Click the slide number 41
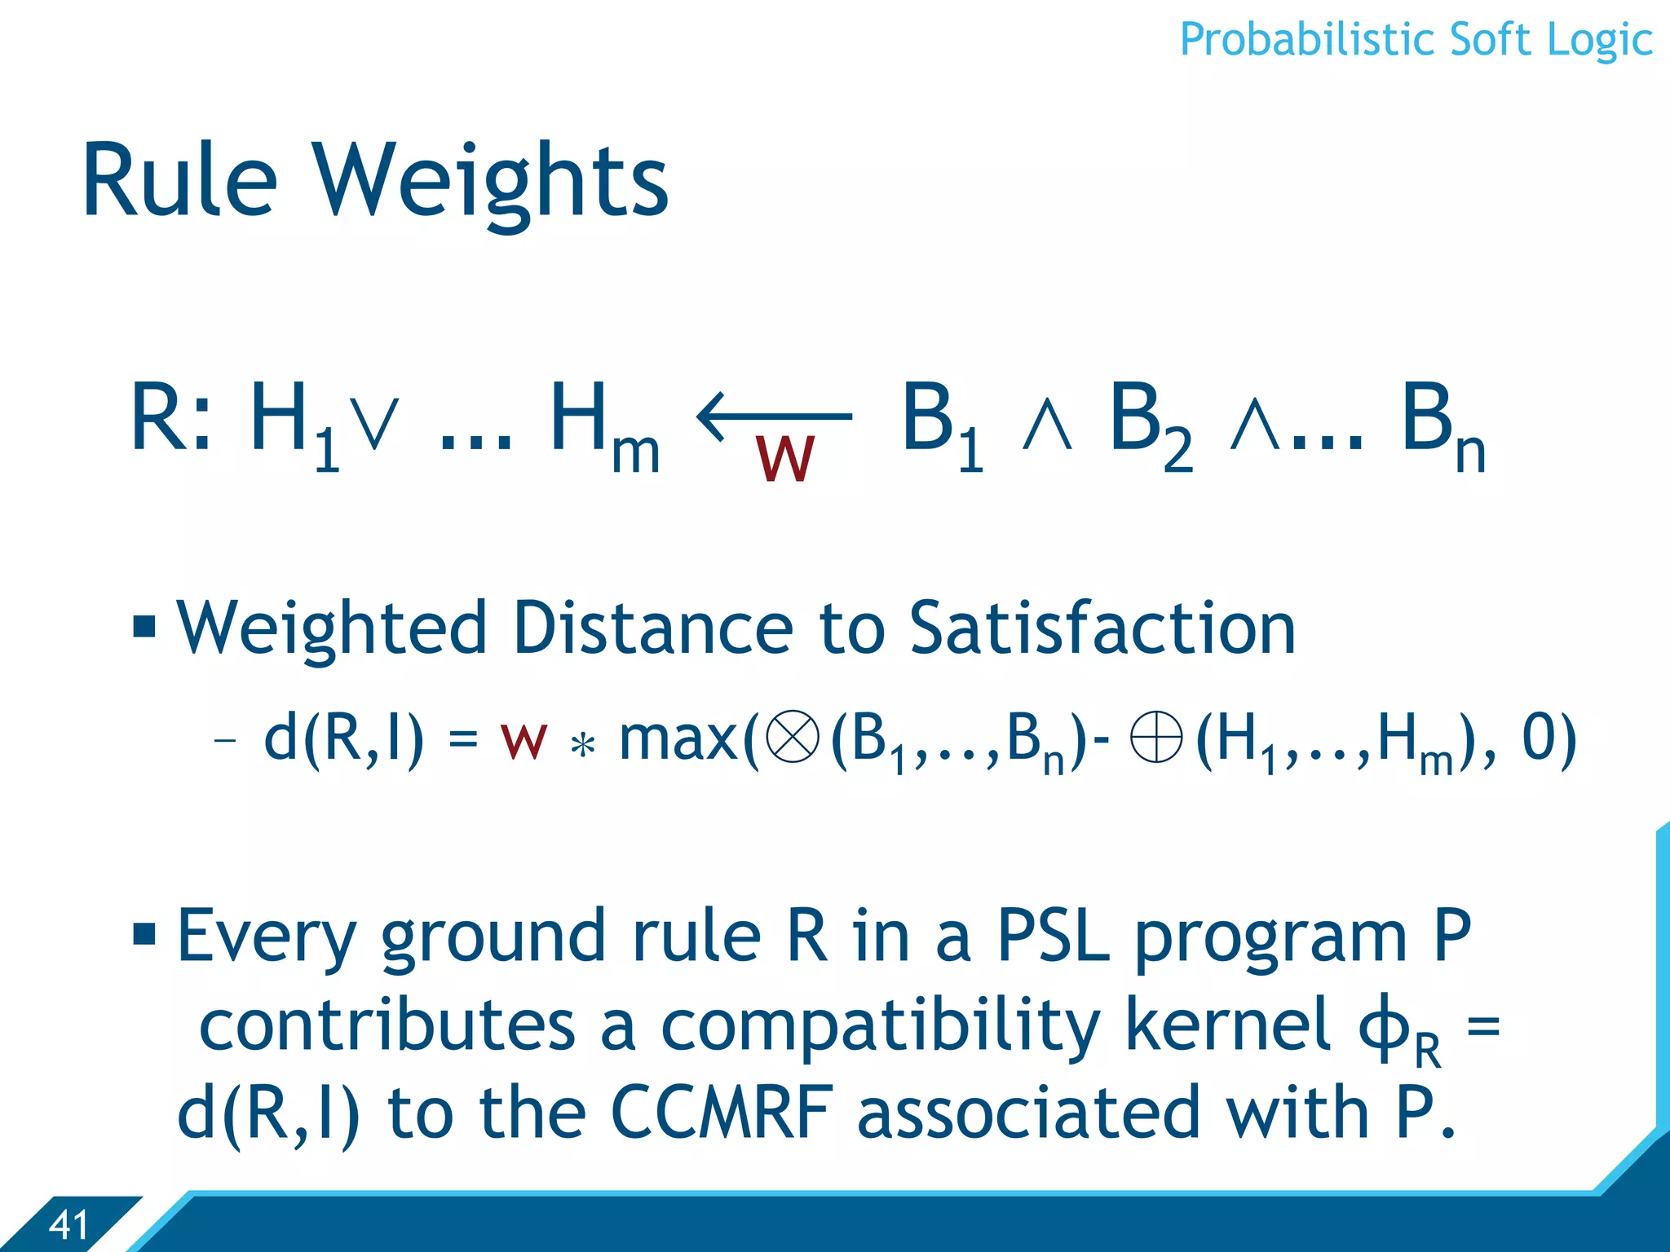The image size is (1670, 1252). point(68,1224)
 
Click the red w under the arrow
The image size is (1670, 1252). point(784,459)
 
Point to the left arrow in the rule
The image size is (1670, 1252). point(774,417)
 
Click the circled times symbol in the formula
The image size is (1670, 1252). point(793,736)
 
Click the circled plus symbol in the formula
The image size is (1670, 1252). point(1156,736)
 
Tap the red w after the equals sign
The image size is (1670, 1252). point(524,740)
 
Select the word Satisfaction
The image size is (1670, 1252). point(1102,628)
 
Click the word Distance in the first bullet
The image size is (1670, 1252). point(652,628)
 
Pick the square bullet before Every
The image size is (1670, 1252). point(144,932)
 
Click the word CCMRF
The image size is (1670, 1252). point(722,1113)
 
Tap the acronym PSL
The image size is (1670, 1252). point(1053,937)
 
